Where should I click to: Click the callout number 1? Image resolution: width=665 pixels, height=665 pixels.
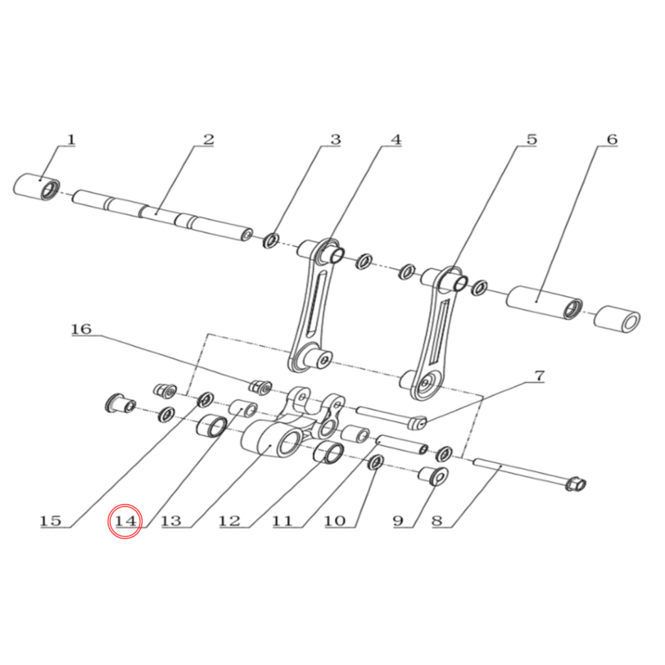pos(71,139)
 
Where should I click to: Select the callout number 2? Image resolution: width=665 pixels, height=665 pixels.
pos(208,139)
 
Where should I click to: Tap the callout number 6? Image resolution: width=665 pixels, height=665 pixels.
pos(612,139)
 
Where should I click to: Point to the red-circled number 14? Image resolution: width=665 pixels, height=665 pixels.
pos(125,521)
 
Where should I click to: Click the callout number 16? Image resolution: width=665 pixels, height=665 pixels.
pos(81,329)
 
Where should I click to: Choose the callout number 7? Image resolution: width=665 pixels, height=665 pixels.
pos(538,376)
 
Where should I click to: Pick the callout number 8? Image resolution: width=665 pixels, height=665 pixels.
pos(437,521)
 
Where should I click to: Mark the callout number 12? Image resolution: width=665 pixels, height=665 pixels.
pos(229,521)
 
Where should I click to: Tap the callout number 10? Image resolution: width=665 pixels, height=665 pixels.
pos(335,521)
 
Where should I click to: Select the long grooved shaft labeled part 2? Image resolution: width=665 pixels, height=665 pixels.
pos(163,216)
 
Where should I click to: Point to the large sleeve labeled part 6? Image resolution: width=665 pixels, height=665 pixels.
pos(545,303)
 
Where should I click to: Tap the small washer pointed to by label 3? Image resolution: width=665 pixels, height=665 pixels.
pos(271,240)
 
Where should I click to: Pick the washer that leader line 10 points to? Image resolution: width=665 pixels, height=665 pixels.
pos(375,462)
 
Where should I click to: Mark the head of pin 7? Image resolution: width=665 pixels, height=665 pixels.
pos(418,423)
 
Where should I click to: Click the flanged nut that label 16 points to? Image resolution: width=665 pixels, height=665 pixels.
pos(260,387)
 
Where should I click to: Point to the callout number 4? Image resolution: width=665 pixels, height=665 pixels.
pos(395,139)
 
